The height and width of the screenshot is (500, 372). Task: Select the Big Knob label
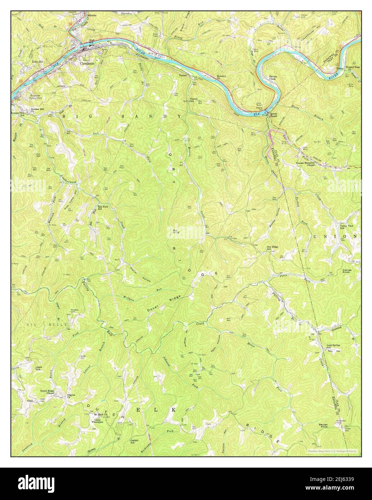tap(176, 232)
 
